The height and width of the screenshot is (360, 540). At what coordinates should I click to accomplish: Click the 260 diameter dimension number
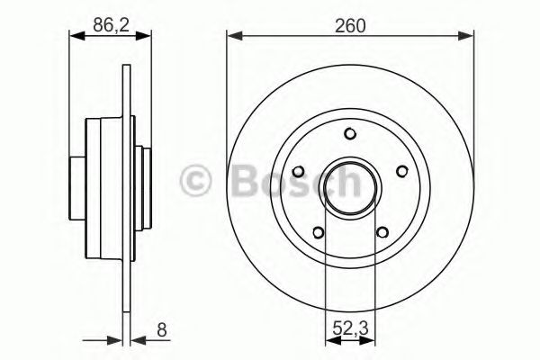point(349,26)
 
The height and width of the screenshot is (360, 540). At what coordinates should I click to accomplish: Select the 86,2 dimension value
point(109,26)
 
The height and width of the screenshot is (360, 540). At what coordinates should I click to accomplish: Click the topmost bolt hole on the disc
point(349,135)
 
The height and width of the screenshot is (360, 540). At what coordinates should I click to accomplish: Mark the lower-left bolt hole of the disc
point(318,233)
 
